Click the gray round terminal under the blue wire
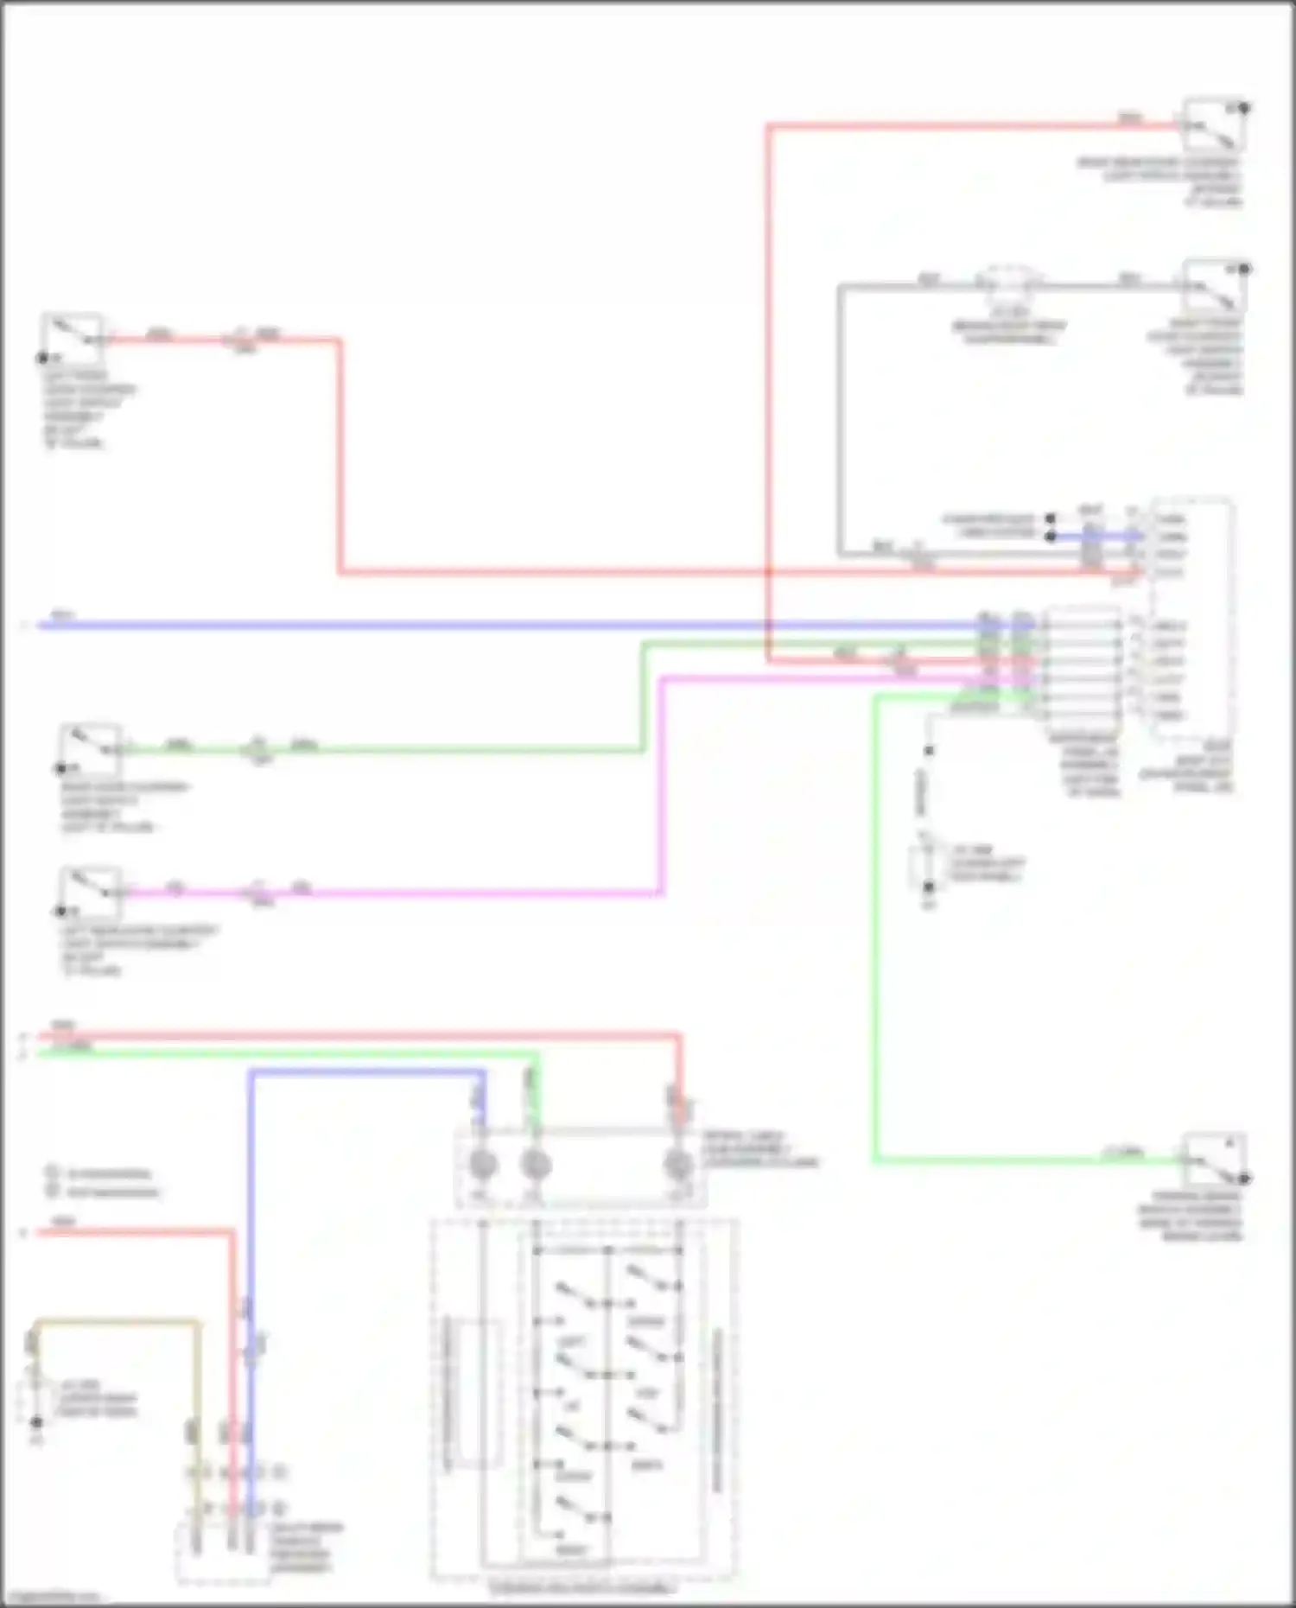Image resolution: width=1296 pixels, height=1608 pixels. (x=482, y=1166)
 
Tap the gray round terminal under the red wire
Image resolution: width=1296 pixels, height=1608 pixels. (x=679, y=1166)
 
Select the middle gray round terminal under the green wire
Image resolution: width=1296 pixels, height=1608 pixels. (x=536, y=1166)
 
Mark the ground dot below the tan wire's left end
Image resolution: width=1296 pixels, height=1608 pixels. (x=36, y=1422)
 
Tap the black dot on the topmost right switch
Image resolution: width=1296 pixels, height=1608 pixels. (x=1244, y=108)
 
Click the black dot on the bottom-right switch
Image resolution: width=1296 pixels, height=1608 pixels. (x=1244, y=1179)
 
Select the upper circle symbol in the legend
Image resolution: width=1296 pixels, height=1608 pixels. (x=52, y=1173)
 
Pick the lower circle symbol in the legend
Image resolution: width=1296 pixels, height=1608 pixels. (x=52, y=1192)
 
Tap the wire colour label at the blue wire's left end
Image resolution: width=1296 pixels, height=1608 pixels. (x=62, y=615)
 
